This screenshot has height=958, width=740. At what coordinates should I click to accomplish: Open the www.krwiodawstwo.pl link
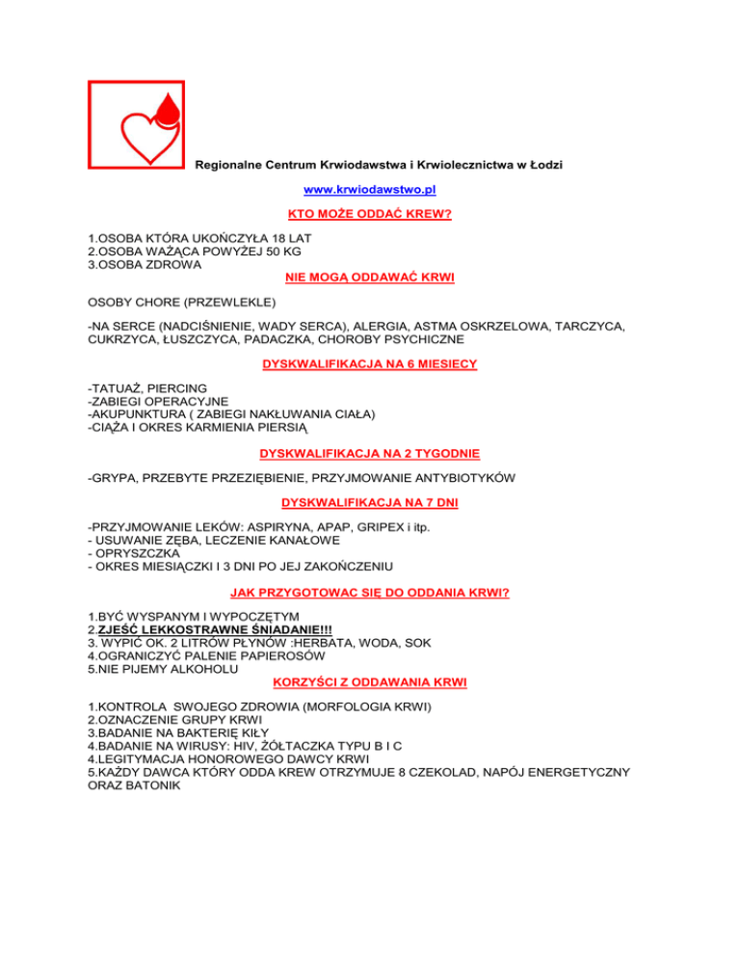tap(370, 190)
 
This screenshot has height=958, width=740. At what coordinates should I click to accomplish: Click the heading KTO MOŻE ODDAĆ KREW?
tap(370, 214)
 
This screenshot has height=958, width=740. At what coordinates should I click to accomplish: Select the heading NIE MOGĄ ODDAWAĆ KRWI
tap(370, 278)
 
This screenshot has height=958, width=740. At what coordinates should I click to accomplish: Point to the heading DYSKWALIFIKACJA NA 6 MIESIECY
tap(370, 365)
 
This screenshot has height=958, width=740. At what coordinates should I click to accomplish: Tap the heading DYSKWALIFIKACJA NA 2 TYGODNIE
tap(370, 453)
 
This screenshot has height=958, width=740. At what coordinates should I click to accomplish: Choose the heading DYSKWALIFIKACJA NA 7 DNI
tap(370, 503)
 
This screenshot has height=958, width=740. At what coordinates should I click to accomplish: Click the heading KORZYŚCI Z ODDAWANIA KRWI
tap(370, 682)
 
